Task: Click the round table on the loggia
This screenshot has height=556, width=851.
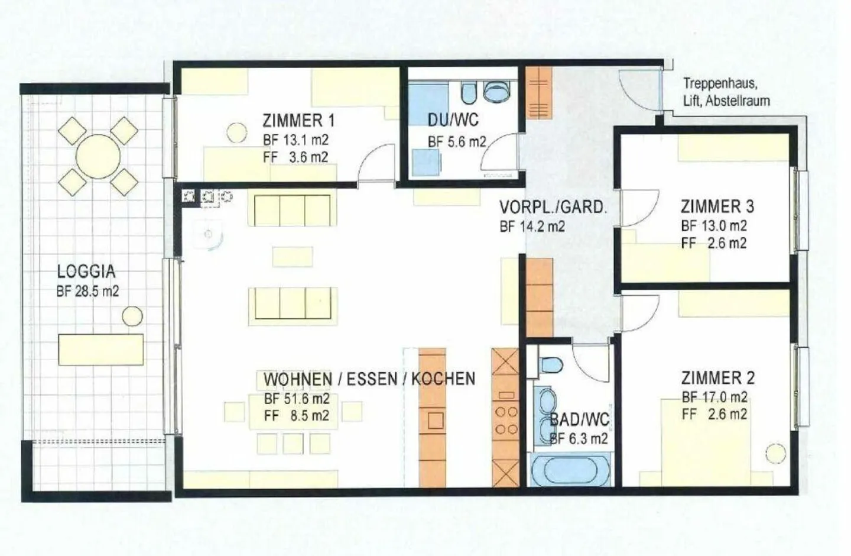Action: click(x=98, y=156)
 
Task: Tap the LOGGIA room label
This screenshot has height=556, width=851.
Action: click(x=86, y=271)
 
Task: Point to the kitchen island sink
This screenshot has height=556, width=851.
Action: click(x=436, y=421)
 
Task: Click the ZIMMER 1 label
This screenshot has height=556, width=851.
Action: click(x=299, y=121)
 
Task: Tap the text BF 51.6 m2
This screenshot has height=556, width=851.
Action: click(x=297, y=399)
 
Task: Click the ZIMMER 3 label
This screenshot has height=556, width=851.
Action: click(x=717, y=206)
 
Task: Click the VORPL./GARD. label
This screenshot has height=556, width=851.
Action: click(x=553, y=207)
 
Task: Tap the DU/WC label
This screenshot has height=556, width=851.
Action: click(x=453, y=120)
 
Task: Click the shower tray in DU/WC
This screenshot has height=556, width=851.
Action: click(x=427, y=99)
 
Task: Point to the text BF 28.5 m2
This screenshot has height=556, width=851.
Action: click(x=87, y=292)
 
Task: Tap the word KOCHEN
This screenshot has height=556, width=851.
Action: click(x=443, y=379)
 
